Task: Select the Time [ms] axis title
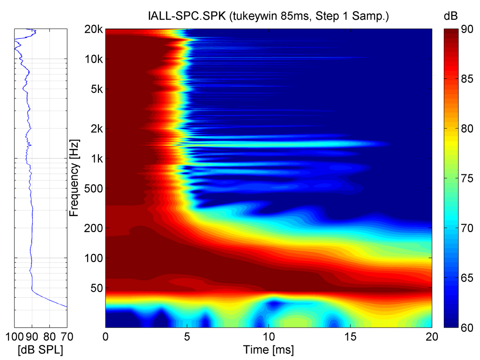point(268,349)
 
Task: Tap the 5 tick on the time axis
point(187,337)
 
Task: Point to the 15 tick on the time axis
point(350,337)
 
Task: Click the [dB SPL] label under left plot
point(41,349)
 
